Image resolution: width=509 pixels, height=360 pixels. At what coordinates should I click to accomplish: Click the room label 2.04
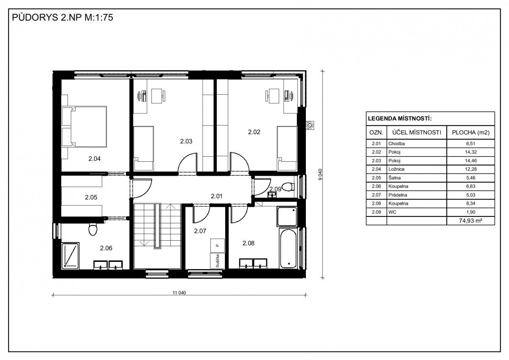pyautogui.click(x=94, y=159)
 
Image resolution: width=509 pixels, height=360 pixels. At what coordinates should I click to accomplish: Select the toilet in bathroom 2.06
pyautogui.click(x=93, y=229)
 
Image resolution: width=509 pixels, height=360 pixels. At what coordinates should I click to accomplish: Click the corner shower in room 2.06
pyautogui.click(x=70, y=256)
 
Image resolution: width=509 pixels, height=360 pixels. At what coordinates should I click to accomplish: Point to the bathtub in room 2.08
pyautogui.click(x=288, y=249)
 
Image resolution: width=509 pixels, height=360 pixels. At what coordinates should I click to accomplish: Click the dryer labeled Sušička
pyautogui.click(x=218, y=261)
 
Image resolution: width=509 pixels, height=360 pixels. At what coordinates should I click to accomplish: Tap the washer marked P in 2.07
pyautogui.click(x=218, y=245)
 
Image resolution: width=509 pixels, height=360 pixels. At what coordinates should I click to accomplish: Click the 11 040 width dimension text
pyautogui.click(x=179, y=292)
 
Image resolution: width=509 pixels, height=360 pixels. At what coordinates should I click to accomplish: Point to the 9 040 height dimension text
pyautogui.click(x=320, y=174)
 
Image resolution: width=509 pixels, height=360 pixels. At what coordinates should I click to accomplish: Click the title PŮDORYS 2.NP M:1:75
pyautogui.click(x=62, y=17)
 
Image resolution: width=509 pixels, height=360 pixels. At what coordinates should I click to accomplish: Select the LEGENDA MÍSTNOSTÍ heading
pyautogui.click(x=400, y=118)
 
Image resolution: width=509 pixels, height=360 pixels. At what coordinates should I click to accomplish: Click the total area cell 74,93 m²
pyautogui.click(x=470, y=221)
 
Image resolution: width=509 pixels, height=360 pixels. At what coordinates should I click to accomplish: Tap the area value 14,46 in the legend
pyautogui.click(x=470, y=160)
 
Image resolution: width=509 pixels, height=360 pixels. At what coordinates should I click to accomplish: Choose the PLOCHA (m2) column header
pyautogui.click(x=470, y=132)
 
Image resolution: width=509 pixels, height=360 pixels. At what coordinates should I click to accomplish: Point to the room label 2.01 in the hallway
pyautogui.click(x=217, y=196)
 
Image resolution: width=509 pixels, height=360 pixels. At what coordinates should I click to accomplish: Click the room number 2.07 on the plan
pyautogui.click(x=200, y=231)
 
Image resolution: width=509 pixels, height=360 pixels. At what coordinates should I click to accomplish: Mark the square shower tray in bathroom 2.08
pyautogui.click(x=287, y=217)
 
